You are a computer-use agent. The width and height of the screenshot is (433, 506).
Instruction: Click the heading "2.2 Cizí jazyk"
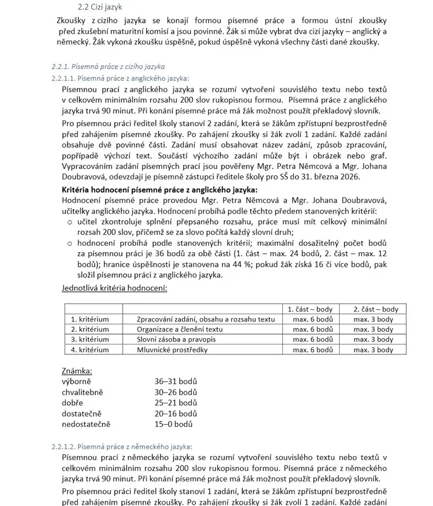(x=100, y=7)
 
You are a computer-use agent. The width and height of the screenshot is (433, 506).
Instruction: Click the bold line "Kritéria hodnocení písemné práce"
(x=159, y=189)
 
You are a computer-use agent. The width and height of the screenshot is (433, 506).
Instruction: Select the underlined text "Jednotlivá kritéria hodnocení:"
(x=115, y=287)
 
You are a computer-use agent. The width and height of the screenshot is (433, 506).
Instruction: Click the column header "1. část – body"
(x=309, y=309)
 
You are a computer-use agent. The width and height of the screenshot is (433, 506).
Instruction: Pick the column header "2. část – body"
(x=375, y=309)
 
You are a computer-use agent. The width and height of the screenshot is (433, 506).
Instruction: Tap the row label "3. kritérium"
(x=89, y=339)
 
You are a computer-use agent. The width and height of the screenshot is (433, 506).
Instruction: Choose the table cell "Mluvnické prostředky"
(x=172, y=350)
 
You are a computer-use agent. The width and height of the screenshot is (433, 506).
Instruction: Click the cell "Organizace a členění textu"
(x=179, y=330)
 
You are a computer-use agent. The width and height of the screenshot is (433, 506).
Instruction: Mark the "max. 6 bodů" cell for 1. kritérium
(x=312, y=319)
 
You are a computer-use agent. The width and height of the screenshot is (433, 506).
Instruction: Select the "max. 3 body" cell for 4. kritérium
(x=373, y=350)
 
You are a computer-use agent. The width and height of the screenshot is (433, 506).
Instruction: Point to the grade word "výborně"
(x=76, y=381)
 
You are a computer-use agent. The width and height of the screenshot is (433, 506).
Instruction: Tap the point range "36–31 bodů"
(x=176, y=381)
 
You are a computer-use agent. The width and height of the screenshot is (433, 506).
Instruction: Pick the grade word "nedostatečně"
(x=86, y=424)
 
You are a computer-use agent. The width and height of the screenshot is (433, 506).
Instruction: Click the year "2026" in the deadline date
(x=350, y=176)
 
